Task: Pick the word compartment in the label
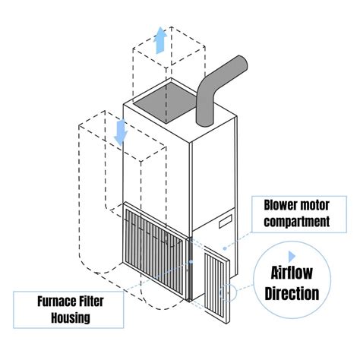point(295,222)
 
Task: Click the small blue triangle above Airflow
point(292,248)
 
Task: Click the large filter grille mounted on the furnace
point(156,242)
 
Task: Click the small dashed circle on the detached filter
point(229,290)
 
